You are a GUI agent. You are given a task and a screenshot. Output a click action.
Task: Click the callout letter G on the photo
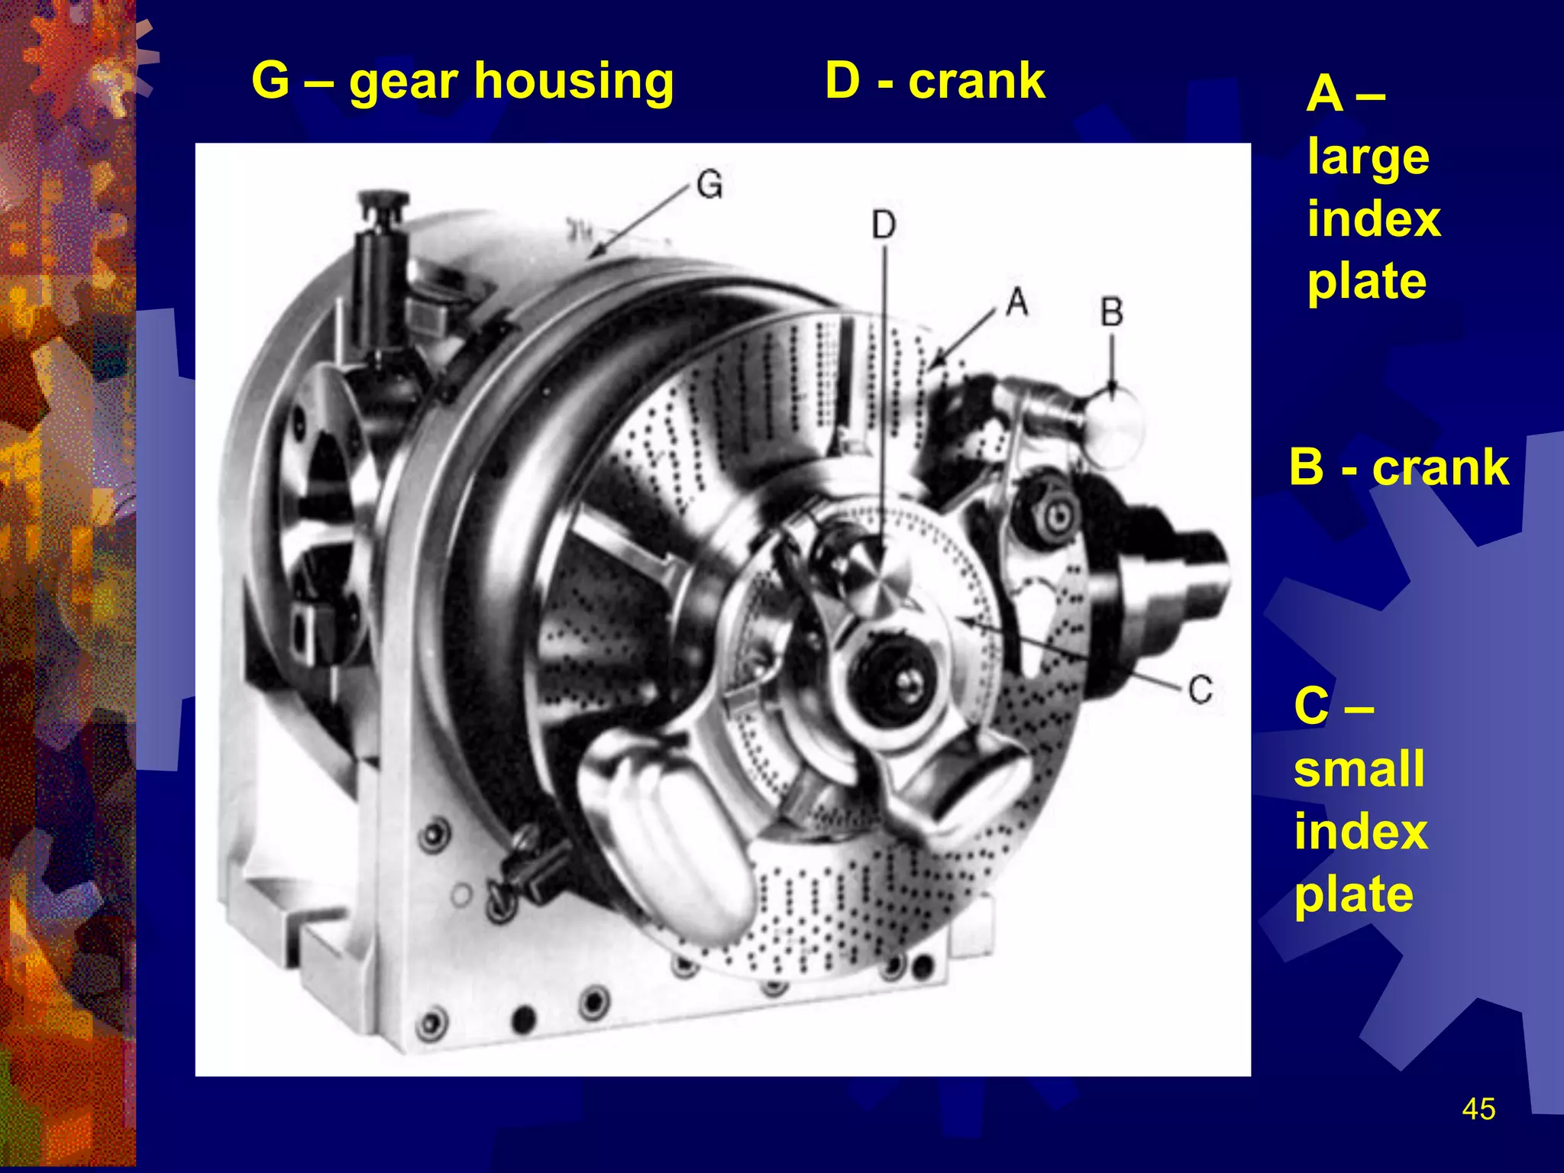coord(709,185)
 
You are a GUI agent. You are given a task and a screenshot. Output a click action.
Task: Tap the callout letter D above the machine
coord(884,225)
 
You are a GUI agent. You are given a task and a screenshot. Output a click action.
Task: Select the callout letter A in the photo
coord(1016,302)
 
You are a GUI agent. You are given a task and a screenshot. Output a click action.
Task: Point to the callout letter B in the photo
coord(1112,312)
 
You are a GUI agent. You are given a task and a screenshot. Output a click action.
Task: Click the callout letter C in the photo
coord(1200,690)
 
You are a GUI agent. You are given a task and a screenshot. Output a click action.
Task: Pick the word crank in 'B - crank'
coord(1440,467)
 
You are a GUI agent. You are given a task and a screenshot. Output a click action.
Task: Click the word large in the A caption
coord(1368,159)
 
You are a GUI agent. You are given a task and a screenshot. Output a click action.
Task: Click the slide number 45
coord(1478,1109)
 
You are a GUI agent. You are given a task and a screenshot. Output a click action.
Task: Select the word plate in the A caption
coord(1367,283)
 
